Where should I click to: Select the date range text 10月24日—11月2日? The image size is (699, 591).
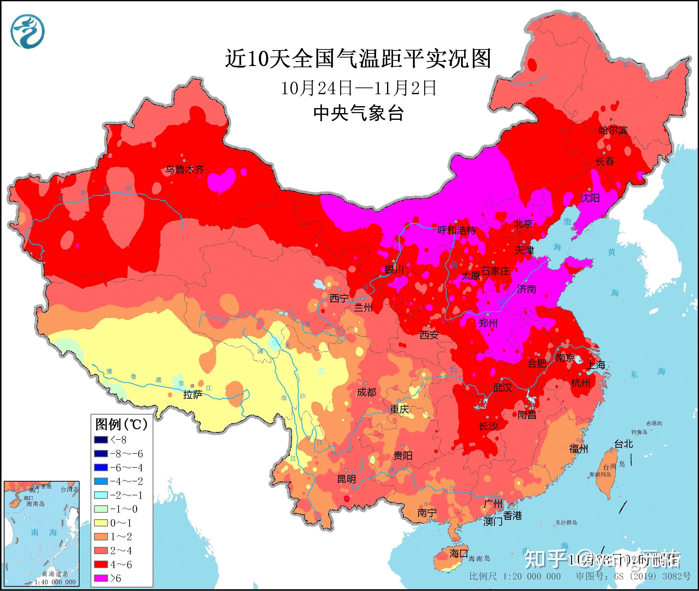coord(358,88)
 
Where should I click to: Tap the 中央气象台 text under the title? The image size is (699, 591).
coord(358,113)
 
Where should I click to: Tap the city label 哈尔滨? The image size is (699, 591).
coord(613,130)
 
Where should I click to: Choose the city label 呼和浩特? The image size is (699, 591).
coord(457,230)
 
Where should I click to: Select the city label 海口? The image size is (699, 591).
coord(459,553)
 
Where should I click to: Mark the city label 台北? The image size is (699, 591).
coord(623,444)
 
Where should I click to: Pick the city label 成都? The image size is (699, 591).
coord(366,392)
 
